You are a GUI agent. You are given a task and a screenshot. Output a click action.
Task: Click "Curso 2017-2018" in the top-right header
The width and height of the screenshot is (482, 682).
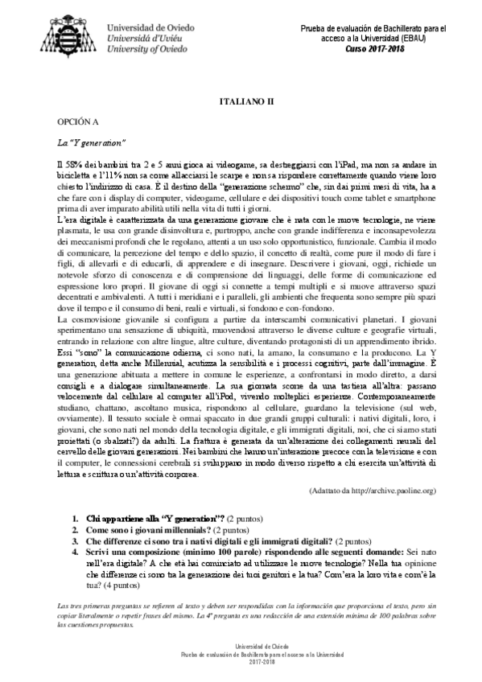click(x=377, y=48)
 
